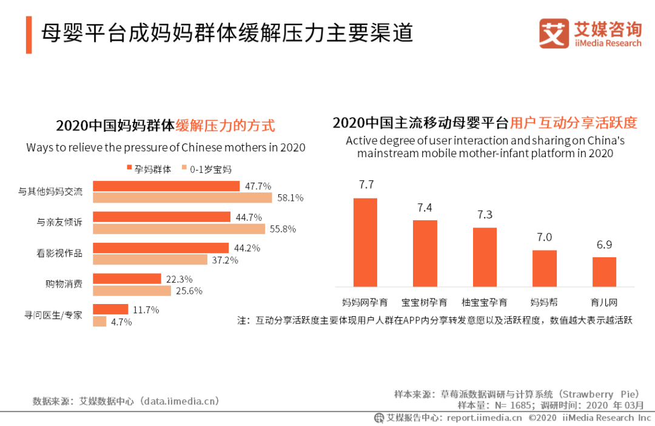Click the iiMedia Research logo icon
click(554, 33)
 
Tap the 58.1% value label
click(291, 198)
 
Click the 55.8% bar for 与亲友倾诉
click(179, 229)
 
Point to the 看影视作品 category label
click(59, 253)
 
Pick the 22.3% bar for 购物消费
click(127, 279)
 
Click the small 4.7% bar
click(99, 322)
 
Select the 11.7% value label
click(146, 309)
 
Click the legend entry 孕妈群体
click(148, 169)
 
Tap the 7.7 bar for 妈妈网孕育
click(365, 242)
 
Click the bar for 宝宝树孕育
click(425, 253)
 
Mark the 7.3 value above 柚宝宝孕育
click(485, 215)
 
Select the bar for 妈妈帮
click(544, 268)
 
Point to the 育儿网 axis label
click(604, 302)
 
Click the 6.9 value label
click(604, 245)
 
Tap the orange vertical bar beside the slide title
click(29, 35)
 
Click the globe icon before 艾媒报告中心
click(379, 418)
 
